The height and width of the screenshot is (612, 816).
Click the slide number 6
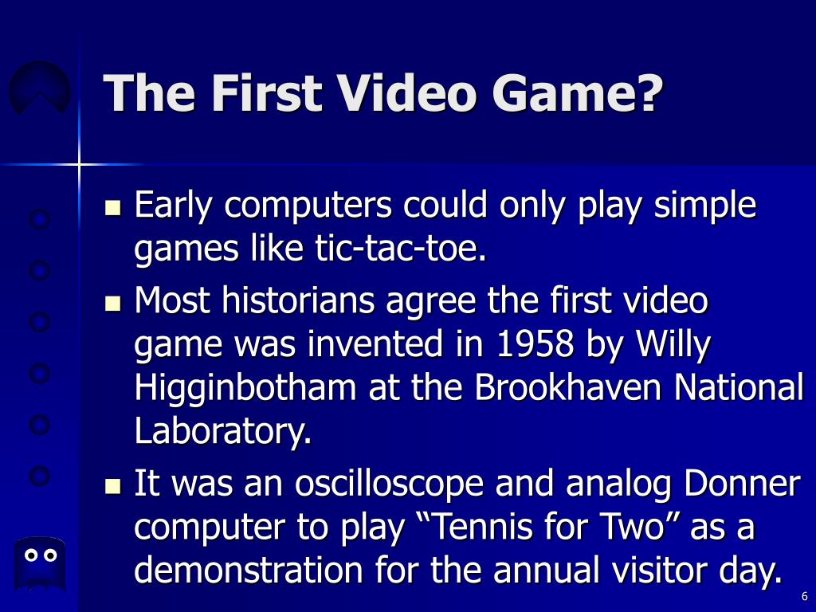(804, 597)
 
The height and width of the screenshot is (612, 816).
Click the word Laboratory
(221, 432)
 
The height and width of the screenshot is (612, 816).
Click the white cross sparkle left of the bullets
(79, 164)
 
